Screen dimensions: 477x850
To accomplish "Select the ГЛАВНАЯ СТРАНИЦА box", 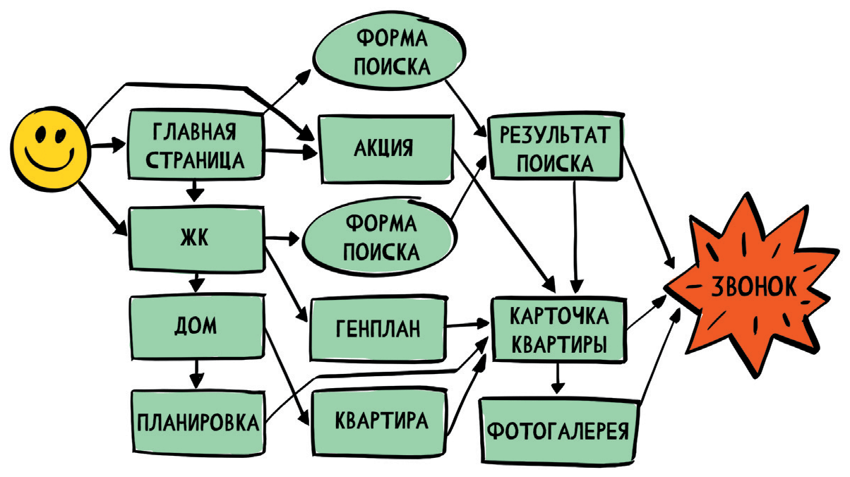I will point(194,147).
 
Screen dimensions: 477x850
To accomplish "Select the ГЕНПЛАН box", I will point(377,328).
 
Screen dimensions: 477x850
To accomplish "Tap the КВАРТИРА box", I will point(381,421).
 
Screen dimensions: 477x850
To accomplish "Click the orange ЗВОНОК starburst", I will point(752,286).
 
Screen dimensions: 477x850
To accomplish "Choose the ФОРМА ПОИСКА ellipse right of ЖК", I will point(380,237).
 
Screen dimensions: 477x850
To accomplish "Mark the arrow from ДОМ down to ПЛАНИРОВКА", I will point(197,370).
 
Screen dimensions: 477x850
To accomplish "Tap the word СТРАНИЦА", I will point(194,161).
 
